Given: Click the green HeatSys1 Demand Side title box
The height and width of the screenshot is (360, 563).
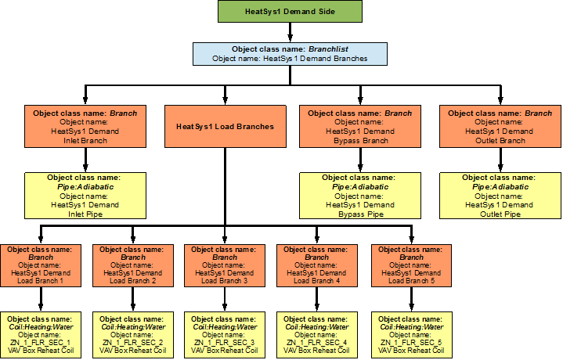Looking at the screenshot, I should coord(290,12).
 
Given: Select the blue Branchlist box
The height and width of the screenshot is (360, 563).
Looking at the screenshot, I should coord(290,53).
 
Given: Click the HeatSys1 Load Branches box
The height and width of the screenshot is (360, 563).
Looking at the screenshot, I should coord(225,127).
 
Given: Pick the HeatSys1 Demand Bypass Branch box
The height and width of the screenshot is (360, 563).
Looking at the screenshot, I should coord(360,127).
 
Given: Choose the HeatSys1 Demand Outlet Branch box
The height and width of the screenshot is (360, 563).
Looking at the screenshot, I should coord(500,127).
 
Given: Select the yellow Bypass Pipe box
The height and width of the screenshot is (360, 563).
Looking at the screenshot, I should coord(360,196).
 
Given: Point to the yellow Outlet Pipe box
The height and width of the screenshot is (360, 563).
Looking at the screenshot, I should coord(500,196).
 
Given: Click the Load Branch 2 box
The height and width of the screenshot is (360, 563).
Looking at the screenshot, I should coord(133,265).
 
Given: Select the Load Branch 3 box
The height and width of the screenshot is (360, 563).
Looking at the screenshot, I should coord(225,265).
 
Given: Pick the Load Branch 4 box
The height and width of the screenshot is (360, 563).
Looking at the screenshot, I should coord(316,265).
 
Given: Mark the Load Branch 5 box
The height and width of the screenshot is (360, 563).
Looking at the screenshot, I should coord(411,265).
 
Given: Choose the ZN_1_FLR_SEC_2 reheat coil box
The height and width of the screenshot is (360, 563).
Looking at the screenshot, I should coord(133,335).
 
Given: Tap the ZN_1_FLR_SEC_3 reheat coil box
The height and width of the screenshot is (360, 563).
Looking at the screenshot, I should coord(225,335).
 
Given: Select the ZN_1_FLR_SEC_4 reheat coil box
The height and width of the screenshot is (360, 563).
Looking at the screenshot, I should coord(316,335).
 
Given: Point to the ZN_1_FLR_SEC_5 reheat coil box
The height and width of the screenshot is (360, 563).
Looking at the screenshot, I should coord(411,335).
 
